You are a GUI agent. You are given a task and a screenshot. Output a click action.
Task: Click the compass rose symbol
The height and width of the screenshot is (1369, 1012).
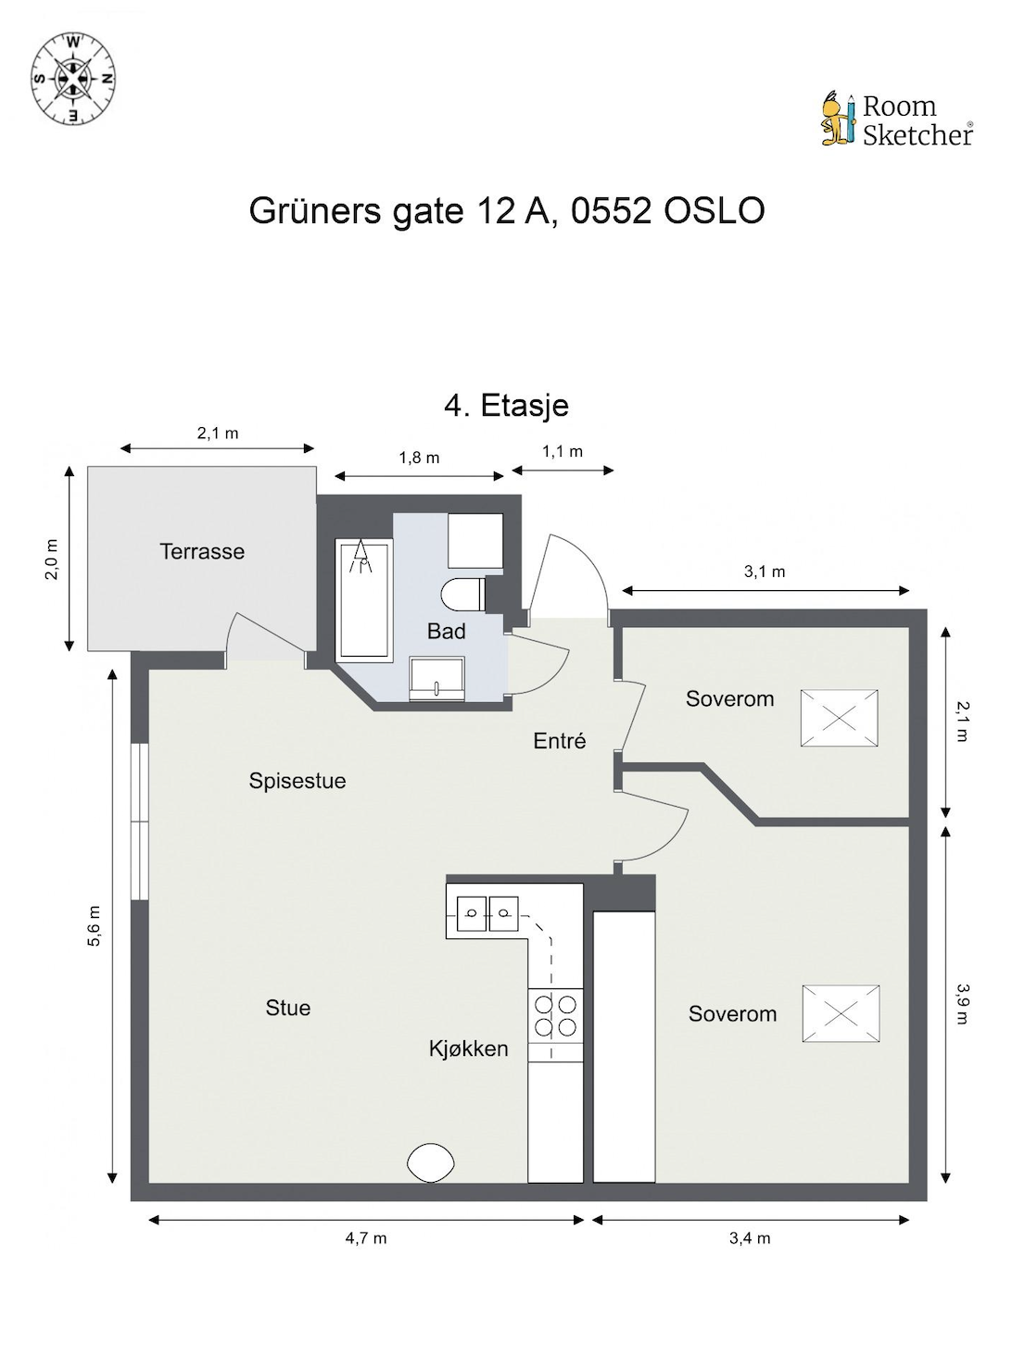coord(73,79)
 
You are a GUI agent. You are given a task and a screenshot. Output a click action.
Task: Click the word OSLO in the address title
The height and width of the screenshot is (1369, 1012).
coord(714,211)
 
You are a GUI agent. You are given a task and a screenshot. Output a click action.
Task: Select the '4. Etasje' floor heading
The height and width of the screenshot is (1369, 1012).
coord(506,406)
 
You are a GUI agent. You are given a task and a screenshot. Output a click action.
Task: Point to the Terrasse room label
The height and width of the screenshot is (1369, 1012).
coord(202,551)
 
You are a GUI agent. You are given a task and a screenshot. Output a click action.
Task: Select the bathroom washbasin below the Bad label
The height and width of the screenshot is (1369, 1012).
coord(436,678)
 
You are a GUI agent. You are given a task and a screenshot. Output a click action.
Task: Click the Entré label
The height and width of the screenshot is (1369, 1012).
coord(559,741)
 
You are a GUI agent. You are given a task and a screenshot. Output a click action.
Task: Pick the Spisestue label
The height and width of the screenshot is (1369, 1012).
coord(297,781)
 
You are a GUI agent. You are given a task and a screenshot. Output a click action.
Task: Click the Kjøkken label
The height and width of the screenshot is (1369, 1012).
coord(468,1048)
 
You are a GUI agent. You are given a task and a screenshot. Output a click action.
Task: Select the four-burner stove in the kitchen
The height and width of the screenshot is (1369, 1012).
coord(555,1016)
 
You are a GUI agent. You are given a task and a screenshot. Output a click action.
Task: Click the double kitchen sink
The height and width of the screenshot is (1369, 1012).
coord(487,913)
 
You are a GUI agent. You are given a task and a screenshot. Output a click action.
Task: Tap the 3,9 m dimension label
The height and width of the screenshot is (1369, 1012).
coord(962,1004)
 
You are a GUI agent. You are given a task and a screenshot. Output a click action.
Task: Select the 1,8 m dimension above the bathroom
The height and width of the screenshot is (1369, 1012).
coord(419,458)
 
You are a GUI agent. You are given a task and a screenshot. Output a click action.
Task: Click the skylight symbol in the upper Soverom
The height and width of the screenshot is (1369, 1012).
coord(839,718)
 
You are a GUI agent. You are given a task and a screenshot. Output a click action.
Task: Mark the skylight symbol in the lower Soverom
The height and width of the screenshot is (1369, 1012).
coord(841,1013)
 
